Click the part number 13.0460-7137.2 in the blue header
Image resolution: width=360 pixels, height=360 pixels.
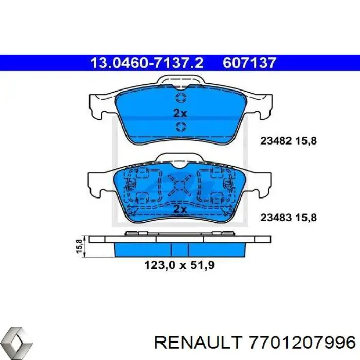[147, 63]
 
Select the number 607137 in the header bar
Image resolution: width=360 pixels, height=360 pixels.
[250, 63]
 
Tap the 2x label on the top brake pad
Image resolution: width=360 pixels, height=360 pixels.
[181, 113]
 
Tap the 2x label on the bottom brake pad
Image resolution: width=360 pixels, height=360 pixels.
[180, 209]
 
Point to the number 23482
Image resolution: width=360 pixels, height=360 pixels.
[276, 139]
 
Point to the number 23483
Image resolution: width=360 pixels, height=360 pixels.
[276, 218]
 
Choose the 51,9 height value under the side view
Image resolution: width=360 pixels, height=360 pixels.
[200, 266]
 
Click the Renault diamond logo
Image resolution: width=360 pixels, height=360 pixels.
[16, 340]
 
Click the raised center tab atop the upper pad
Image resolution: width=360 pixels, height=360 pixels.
[180, 81]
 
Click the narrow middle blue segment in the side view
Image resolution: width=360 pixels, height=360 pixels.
[180, 249]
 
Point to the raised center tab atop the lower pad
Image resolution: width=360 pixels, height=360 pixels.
[180, 159]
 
